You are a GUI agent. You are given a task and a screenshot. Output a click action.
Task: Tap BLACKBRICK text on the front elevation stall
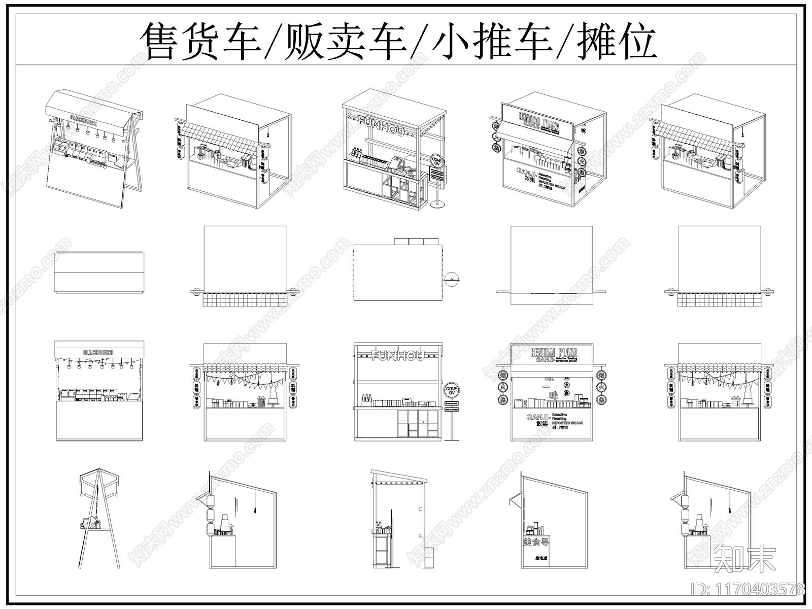98,352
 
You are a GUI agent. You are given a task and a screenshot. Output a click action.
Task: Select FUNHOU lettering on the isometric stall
381,124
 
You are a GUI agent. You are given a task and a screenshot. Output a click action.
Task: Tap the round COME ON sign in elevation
451,391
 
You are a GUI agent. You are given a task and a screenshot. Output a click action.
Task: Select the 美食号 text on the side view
536,542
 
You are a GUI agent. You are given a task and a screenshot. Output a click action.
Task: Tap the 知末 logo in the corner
745,559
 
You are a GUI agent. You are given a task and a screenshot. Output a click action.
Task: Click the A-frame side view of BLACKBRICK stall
99,518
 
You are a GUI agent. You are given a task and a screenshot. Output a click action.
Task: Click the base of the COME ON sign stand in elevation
451,439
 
